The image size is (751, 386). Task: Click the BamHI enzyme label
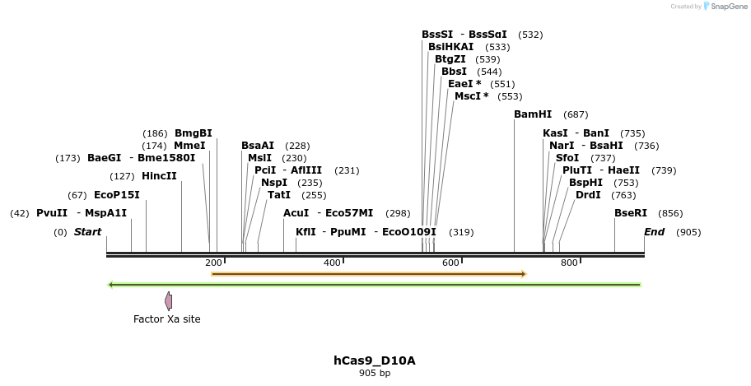(533, 114)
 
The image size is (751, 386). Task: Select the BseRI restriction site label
(631, 213)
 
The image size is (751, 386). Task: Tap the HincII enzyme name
(159, 176)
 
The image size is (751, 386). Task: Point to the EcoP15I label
(117, 195)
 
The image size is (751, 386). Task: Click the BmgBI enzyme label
(193, 133)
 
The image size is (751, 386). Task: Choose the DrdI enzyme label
(588, 195)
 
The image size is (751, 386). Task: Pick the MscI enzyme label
(471, 96)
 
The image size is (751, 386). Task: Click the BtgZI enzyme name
(450, 59)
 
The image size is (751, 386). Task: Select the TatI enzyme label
(279, 195)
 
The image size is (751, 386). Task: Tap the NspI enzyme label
(274, 183)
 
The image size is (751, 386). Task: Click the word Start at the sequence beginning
(87, 232)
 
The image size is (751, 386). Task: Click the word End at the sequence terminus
(654, 232)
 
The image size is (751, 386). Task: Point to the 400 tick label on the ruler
(332, 263)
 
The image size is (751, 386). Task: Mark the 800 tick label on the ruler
(569, 263)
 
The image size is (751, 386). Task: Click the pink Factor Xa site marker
(168, 300)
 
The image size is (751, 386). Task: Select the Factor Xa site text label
(167, 319)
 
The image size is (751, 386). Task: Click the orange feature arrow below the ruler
(368, 273)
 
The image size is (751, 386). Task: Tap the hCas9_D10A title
(374, 360)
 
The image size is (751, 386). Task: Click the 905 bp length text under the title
(374, 374)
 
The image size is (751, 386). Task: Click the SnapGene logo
(721, 7)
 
